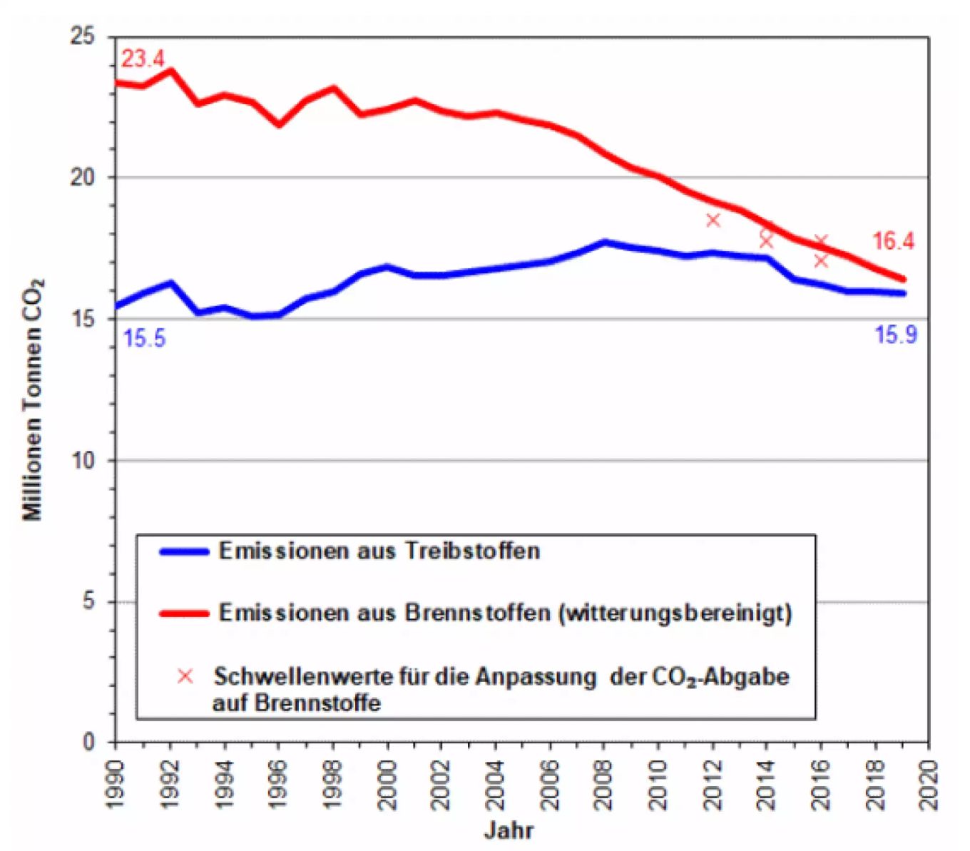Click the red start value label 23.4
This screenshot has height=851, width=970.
pyautogui.click(x=143, y=58)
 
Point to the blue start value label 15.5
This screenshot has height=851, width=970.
pyautogui.click(x=144, y=338)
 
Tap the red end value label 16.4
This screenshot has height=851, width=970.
pyautogui.click(x=893, y=241)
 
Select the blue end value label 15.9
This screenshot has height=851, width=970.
pyautogui.click(x=896, y=335)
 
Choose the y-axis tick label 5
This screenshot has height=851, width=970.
pyautogui.click(x=88, y=601)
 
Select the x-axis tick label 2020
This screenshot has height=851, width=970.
pyautogui.click(x=929, y=785)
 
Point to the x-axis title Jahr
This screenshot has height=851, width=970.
pyautogui.click(x=509, y=830)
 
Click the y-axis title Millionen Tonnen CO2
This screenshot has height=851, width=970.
pyautogui.click(x=33, y=399)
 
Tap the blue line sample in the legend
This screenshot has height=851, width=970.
pyautogui.click(x=184, y=551)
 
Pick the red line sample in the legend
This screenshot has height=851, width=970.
pyautogui.click(x=184, y=613)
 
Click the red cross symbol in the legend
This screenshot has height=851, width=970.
pyautogui.click(x=185, y=676)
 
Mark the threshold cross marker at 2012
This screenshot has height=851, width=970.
pyautogui.click(x=713, y=220)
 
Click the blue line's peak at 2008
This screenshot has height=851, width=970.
pyautogui.click(x=605, y=243)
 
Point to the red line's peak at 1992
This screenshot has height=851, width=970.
pyautogui.click(x=170, y=71)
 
